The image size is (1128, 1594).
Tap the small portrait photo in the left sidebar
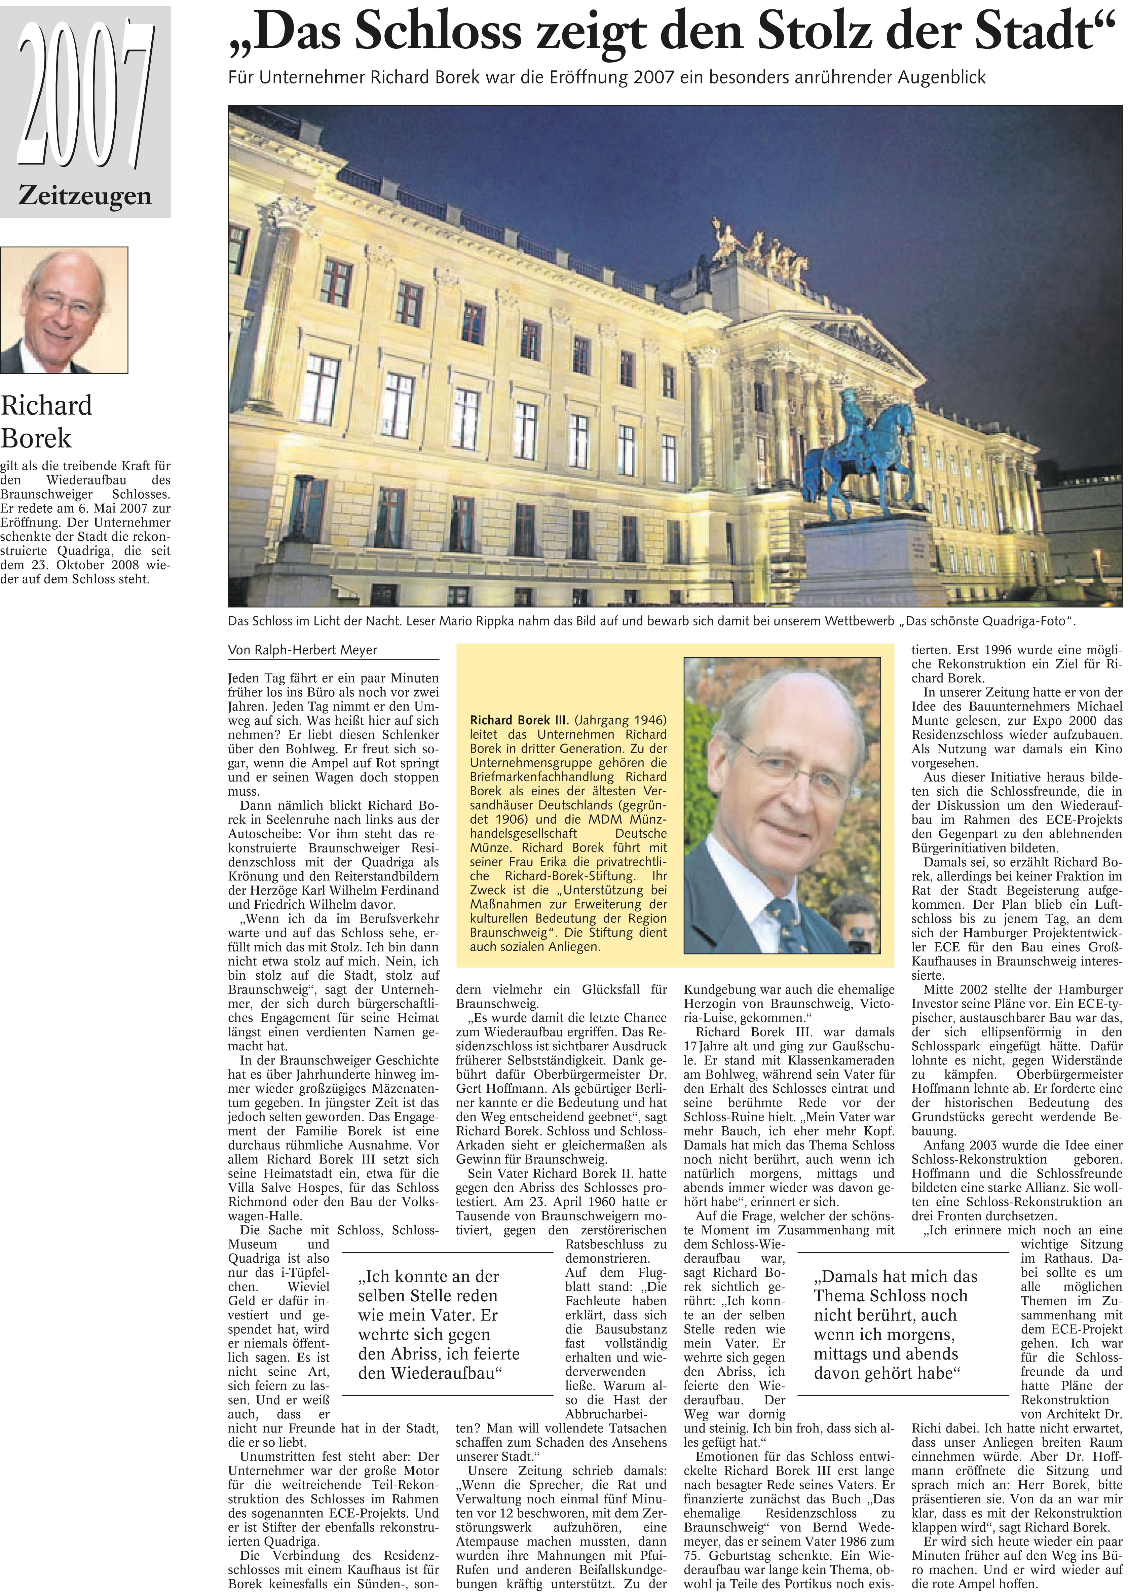(64, 310)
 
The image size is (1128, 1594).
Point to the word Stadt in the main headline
(1042, 33)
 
